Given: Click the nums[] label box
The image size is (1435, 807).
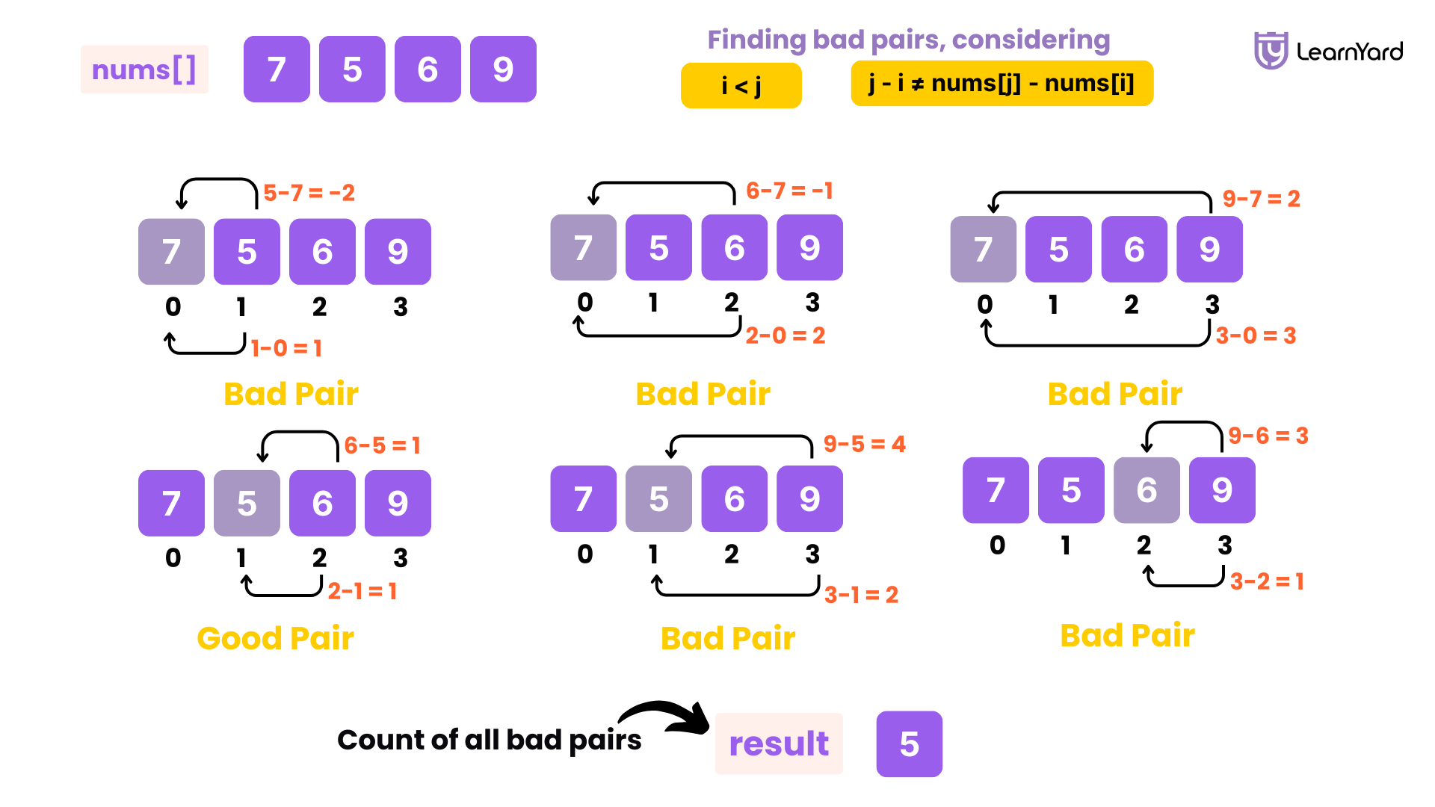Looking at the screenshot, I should [x=143, y=69].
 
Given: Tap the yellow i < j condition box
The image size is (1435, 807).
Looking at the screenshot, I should [x=741, y=85].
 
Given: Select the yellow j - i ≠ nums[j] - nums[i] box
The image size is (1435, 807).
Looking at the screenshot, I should [x=1002, y=83].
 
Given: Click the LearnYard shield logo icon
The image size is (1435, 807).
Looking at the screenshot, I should [x=1270, y=50].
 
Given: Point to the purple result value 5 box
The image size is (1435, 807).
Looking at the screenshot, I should [x=909, y=743].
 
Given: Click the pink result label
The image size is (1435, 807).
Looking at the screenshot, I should [x=779, y=743].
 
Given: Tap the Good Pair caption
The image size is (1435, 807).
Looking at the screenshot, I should [x=275, y=638].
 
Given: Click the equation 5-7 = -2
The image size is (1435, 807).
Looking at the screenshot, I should [x=309, y=193].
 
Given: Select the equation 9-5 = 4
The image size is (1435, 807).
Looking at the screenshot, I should [x=864, y=444].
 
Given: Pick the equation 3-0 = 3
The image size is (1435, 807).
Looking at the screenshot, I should [x=1256, y=336].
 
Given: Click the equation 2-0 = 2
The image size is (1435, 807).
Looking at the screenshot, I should [x=786, y=336].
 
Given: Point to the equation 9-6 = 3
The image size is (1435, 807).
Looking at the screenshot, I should [x=1268, y=436].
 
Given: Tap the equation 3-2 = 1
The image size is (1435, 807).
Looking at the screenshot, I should [x=1267, y=581].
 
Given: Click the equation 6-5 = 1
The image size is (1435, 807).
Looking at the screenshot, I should [x=382, y=446].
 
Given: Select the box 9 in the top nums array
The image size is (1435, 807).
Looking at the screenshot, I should [x=503, y=69].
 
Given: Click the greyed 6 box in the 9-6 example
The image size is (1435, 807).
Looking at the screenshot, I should [x=1147, y=490].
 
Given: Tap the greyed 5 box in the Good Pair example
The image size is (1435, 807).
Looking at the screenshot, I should [x=247, y=503].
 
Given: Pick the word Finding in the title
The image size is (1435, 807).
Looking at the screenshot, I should [x=756, y=40].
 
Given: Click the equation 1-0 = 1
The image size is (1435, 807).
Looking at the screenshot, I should [x=286, y=348].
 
